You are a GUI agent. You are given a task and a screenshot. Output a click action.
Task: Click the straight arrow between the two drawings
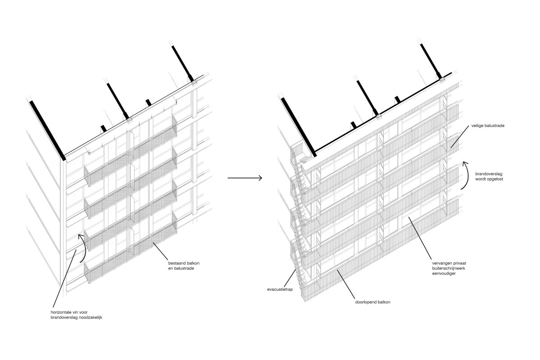[x=245, y=178]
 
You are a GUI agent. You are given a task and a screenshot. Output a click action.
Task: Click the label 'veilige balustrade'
[x=488, y=126]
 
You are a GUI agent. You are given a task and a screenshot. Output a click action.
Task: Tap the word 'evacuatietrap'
[x=280, y=289]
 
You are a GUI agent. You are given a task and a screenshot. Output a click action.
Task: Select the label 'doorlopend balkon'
[x=373, y=302]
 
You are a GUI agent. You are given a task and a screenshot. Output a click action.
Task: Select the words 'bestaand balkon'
[x=184, y=263]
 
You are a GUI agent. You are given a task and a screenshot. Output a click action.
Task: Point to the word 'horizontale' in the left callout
[x=61, y=312]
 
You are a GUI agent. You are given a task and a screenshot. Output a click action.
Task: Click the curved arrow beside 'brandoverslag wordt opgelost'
[x=468, y=175]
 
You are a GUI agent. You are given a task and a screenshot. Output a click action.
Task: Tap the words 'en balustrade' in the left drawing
[x=181, y=268]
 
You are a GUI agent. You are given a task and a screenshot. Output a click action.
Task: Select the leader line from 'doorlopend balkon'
[x=346, y=284]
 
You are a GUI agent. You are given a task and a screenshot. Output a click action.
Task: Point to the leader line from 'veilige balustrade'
[x=459, y=137]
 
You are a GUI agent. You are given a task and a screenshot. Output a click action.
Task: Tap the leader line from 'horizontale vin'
[x=64, y=279]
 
